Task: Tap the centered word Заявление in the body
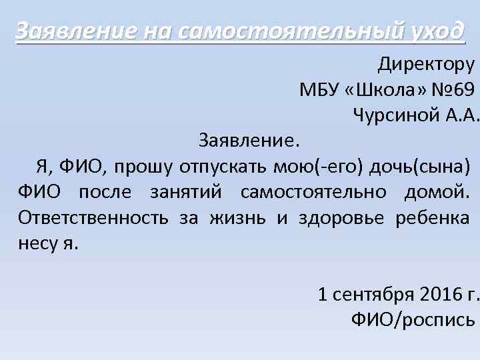point(249,141)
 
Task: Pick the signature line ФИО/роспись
point(413,319)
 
